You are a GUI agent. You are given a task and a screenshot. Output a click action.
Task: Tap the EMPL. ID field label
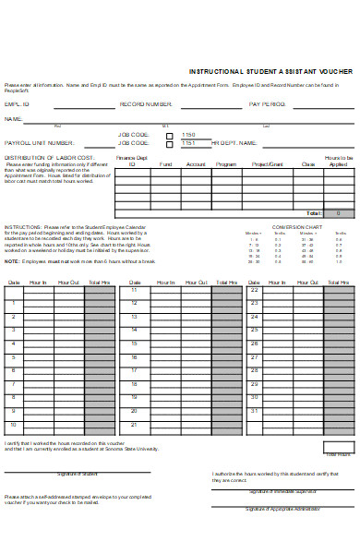pyautogui.click(x=17, y=104)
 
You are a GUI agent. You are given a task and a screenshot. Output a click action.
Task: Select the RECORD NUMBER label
pyautogui.click(x=146, y=104)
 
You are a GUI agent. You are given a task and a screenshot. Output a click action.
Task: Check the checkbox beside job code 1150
pyautogui.click(x=169, y=135)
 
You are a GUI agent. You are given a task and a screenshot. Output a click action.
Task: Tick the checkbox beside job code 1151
pyautogui.click(x=169, y=144)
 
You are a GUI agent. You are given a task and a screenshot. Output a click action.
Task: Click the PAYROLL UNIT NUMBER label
pyautogui.click(x=40, y=143)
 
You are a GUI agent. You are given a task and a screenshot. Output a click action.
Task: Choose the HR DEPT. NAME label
pyautogui.click(x=231, y=143)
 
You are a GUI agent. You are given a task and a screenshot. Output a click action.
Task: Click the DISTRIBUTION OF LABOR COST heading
pyautogui.click(x=48, y=158)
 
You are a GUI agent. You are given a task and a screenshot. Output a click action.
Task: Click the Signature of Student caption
pyautogui.click(x=77, y=473)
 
